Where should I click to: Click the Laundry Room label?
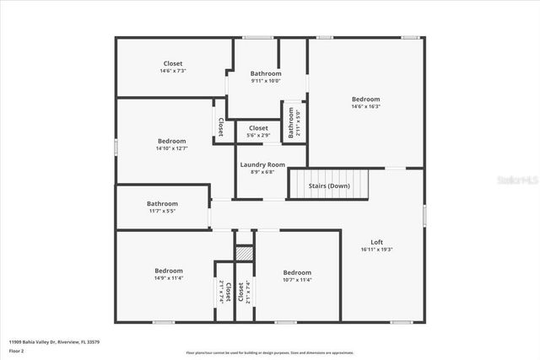(262, 165)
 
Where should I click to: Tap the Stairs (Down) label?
(328, 185)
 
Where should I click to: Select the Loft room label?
(376, 242)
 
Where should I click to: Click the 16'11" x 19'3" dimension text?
(376, 250)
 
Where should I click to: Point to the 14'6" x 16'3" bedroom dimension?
(365, 106)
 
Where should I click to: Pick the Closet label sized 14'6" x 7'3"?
(172, 63)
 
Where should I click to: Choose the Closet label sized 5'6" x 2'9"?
(258, 127)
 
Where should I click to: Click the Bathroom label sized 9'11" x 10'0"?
(266, 73)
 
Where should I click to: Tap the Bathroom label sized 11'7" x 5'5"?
(162, 203)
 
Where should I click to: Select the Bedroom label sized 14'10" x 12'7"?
(171, 141)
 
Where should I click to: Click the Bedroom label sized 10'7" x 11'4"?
(297, 272)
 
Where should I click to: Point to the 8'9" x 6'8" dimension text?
(262, 172)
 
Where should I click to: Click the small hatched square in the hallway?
(244, 253)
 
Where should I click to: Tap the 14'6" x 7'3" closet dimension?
(172, 71)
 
